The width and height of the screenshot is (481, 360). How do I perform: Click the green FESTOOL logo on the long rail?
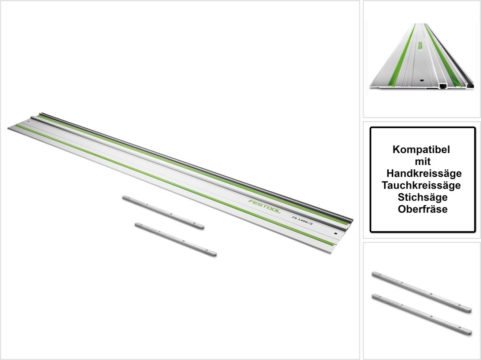pos(264,206)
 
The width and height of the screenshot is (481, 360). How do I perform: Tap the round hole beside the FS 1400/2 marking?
pos(336,234)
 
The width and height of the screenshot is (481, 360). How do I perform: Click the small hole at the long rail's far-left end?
pos(28,121)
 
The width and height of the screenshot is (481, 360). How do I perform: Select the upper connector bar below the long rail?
pos(163,213)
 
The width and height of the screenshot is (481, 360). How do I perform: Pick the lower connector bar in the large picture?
pos(176,240)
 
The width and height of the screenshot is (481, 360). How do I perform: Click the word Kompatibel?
pos(421,150)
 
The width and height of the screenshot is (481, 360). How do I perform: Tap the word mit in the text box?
pos(423,162)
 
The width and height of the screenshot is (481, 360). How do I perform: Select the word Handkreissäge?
pos(424,173)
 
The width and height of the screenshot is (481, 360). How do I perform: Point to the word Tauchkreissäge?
pos(421,185)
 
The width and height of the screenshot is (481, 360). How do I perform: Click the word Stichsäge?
pos(423,197)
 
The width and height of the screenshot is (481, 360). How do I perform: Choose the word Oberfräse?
pos(423,209)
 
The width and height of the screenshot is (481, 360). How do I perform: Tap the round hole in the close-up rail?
pos(421,80)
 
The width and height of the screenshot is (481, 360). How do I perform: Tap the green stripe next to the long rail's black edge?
pos(193,170)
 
